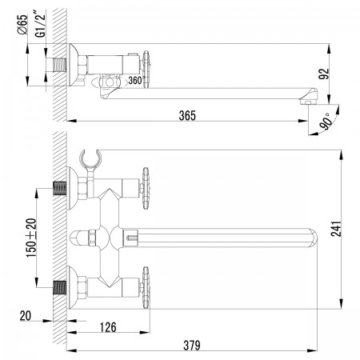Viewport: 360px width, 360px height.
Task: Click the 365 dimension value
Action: click(x=187, y=115)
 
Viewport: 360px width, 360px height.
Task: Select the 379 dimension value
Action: click(x=192, y=346)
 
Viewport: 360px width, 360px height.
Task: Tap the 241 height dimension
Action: click(x=336, y=229)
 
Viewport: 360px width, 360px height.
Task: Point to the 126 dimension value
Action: click(x=108, y=327)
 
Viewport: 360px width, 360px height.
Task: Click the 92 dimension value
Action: click(x=324, y=74)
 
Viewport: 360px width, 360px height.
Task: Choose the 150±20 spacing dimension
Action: click(x=31, y=238)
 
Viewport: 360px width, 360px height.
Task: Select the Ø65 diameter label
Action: click(x=22, y=24)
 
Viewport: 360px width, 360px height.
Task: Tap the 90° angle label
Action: click(x=327, y=122)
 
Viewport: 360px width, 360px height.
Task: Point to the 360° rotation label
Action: click(x=135, y=80)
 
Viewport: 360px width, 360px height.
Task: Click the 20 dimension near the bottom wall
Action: click(x=26, y=316)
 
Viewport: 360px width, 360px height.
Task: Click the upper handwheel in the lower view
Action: click(x=146, y=188)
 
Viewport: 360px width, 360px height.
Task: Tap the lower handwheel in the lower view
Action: click(x=146, y=287)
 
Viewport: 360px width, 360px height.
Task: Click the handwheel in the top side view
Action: click(x=146, y=70)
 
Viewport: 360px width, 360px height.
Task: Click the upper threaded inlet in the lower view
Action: click(x=60, y=188)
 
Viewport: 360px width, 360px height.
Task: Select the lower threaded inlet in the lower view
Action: click(x=60, y=287)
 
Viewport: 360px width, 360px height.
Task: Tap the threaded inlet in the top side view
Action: click(x=60, y=65)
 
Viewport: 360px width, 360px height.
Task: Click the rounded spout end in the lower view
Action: click(x=314, y=238)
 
